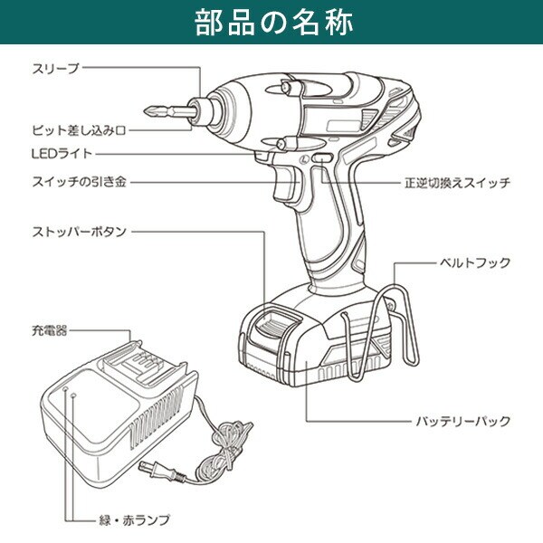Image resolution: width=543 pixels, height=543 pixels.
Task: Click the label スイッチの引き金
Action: [x=77, y=182]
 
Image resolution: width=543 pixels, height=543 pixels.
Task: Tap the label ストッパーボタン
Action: [x=79, y=232]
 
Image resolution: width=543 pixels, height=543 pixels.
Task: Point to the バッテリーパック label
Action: [x=463, y=421]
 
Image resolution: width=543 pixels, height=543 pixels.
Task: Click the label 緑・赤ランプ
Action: [x=132, y=520]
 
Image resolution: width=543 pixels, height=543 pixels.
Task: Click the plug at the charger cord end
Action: [x=155, y=468]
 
